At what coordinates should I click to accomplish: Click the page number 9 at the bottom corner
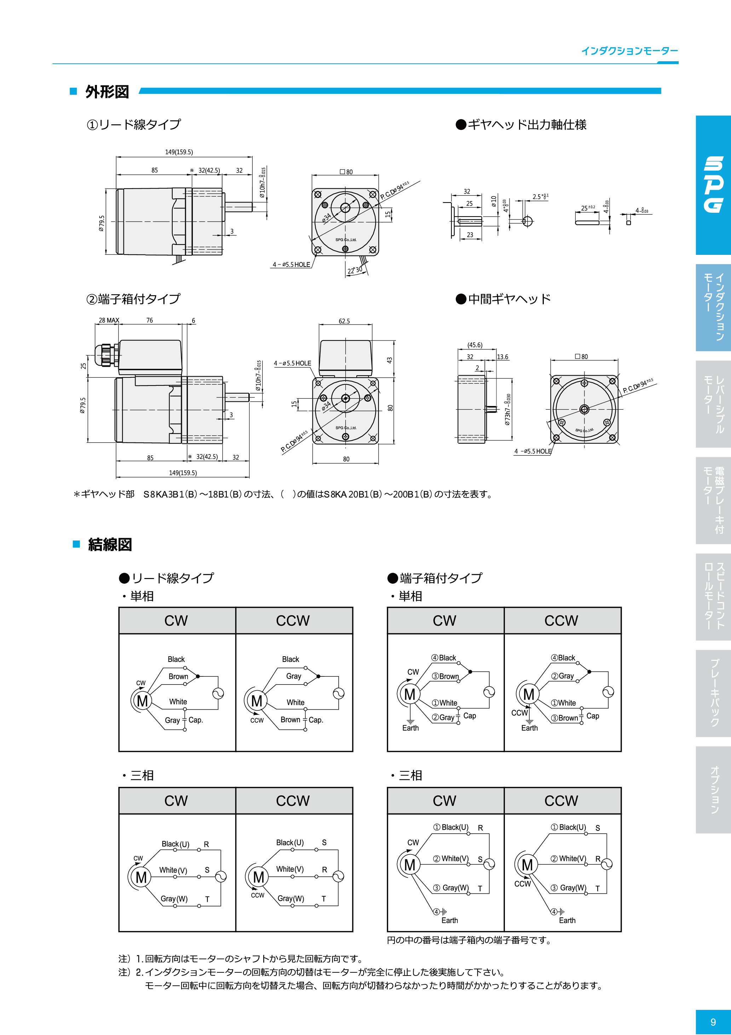pos(713,1022)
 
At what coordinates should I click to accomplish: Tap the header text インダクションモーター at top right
pos(629,51)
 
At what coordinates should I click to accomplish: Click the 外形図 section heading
pos(107,92)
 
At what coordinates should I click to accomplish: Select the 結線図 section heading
pos(110,544)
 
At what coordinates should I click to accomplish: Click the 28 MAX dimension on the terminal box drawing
pos(109,320)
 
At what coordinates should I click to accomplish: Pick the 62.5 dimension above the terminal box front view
pos(344,321)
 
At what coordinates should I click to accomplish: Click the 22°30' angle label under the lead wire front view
pos(355,270)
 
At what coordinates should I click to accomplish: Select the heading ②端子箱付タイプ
pos(133,299)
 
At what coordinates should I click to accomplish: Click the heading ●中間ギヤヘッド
pos(503,299)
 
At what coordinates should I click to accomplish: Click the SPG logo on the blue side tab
pos(713,185)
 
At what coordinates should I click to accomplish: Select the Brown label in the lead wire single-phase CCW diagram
pos(290,720)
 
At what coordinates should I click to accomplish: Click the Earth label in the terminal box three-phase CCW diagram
pos(567,921)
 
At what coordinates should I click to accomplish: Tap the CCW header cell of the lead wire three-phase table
pos(293,801)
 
